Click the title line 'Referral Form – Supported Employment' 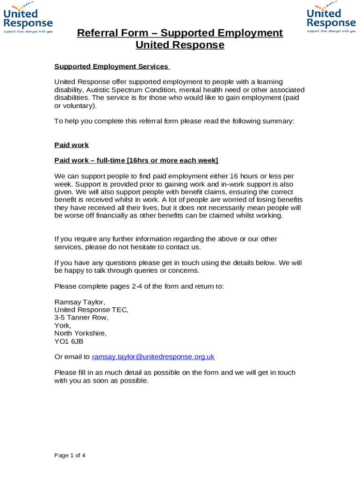click(x=180, y=33)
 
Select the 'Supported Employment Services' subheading click(x=112, y=66)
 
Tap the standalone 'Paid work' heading click(x=72, y=145)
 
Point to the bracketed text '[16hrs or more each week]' click(x=173, y=160)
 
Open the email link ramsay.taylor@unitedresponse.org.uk click(x=153, y=357)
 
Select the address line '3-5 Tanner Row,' click(x=81, y=318)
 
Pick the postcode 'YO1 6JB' click(x=69, y=341)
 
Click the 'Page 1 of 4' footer click(x=70, y=455)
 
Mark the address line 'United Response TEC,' click(x=91, y=310)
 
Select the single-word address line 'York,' click(x=63, y=326)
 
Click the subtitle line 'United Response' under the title click(x=180, y=45)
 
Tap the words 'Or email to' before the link click(x=72, y=357)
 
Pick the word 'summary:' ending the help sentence click(x=280, y=121)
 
